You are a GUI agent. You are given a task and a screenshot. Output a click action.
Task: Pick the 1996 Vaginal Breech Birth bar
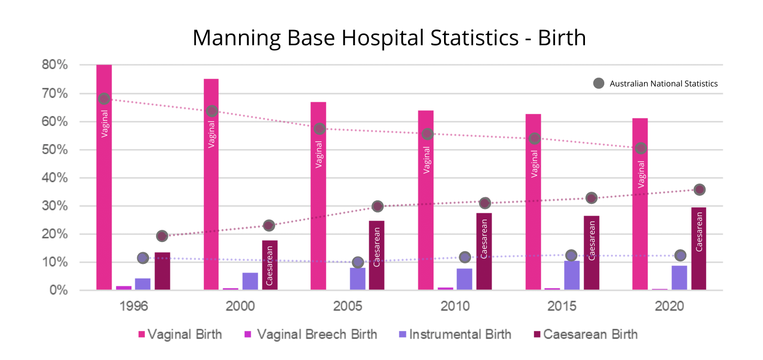124,288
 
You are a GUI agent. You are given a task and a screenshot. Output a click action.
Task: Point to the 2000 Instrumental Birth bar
250,281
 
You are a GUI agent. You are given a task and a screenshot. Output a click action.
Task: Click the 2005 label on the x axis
348,307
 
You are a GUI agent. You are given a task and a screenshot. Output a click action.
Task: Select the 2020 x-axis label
669,307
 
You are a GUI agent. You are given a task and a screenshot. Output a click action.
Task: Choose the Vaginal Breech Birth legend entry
316,334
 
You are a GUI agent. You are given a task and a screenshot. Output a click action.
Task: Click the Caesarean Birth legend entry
590,334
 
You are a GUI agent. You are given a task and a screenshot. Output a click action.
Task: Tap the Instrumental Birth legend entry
460,334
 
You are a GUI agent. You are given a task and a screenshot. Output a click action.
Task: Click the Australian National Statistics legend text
663,83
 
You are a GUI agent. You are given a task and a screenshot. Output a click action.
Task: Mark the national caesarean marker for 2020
699,190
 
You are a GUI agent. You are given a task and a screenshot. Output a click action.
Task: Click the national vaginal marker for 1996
104,99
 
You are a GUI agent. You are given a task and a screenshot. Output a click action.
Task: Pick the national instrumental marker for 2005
358,262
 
